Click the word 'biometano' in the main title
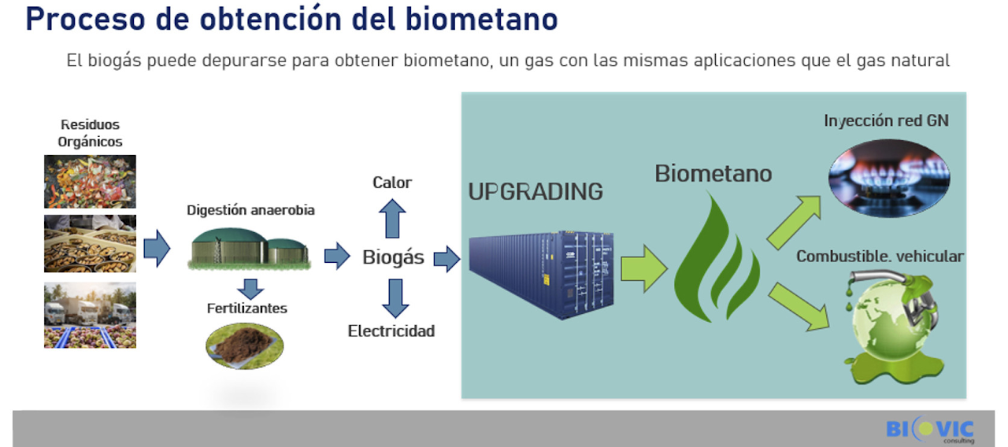click(x=481, y=19)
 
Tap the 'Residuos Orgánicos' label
click(x=90, y=133)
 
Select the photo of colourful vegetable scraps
click(x=90, y=182)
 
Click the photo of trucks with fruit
click(x=90, y=316)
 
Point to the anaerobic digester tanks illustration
click(x=250, y=249)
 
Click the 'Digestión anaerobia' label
click(x=250, y=210)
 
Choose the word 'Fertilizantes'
click(x=247, y=308)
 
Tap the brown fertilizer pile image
click(x=244, y=345)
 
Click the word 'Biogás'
click(x=393, y=257)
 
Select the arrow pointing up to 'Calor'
click(x=392, y=219)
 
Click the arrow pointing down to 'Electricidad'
click(x=395, y=298)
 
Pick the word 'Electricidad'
click(x=391, y=331)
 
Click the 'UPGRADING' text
click(x=535, y=192)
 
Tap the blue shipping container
click(x=541, y=275)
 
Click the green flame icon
click(x=717, y=259)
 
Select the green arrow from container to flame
click(x=644, y=269)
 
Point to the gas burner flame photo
click(x=889, y=178)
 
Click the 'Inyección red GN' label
click(x=886, y=120)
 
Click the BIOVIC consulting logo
click(x=930, y=430)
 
